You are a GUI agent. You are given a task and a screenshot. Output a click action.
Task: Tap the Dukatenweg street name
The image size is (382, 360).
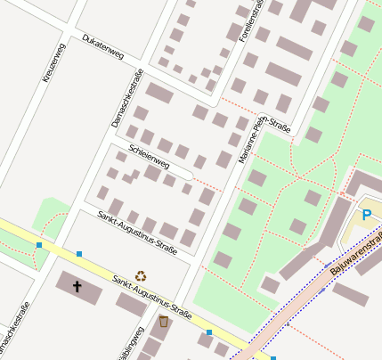[x=102, y=46]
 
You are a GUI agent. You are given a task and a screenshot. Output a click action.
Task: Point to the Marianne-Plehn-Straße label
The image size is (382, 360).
[x=264, y=133]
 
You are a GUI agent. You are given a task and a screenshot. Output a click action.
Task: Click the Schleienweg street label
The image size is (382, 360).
[x=149, y=157]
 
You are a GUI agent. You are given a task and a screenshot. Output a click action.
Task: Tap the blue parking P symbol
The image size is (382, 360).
[x=366, y=215]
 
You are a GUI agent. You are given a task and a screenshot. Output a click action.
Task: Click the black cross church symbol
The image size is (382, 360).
[x=77, y=286]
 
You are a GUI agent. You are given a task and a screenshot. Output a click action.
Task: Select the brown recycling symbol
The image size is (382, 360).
[x=141, y=276]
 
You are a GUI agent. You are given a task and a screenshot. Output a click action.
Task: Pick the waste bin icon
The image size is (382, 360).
[x=163, y=320]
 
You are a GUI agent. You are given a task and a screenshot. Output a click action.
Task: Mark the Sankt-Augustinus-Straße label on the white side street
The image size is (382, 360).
[x=137, y=230]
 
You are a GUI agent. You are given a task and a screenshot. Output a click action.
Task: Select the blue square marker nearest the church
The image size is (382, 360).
[x=79, y=254]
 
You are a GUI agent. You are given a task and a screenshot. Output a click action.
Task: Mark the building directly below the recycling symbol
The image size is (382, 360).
[x=132, y=305]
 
